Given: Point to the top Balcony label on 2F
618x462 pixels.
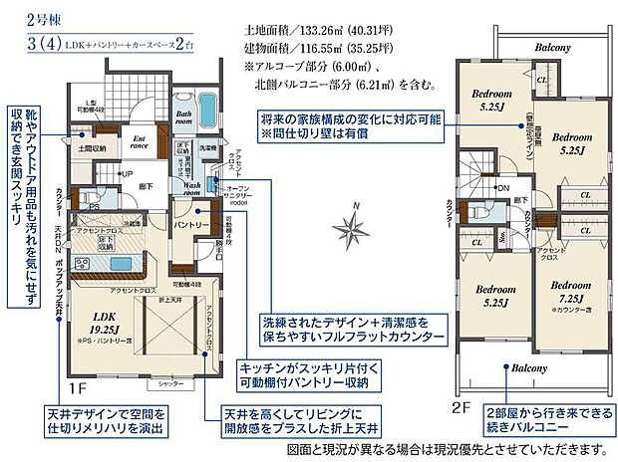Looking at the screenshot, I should tap(550, 47).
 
